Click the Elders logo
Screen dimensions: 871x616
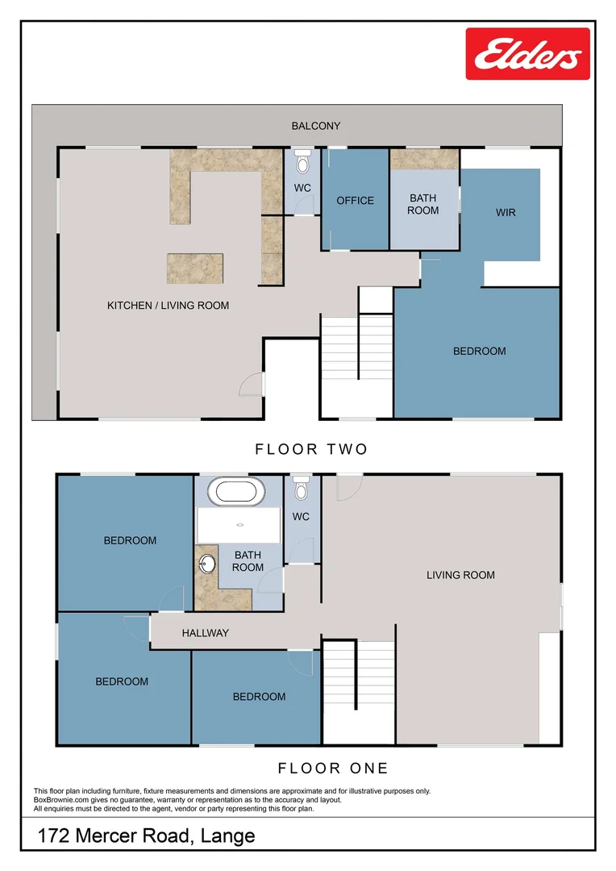coord(527,54)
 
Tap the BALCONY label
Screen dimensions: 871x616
coord(316,126)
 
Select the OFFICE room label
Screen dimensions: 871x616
coord(355,200)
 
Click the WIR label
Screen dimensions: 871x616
coord(506,213)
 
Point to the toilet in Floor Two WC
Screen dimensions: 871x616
coord(302,164)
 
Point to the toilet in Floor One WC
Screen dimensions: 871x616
coord(302,489)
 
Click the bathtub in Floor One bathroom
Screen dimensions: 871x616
coord(235,491)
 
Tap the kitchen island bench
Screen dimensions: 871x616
coord(194,268)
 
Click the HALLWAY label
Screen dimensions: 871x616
coord(205,633)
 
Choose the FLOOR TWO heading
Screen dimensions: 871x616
coord(311,449)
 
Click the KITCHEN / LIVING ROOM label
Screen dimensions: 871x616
coord(168,306)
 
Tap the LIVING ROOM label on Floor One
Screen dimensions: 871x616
coord(460,575)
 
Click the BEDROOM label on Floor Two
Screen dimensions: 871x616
coord(479,351)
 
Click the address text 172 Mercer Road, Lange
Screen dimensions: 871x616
coord(146,836)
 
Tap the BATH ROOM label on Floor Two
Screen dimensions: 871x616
coord(422,204)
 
